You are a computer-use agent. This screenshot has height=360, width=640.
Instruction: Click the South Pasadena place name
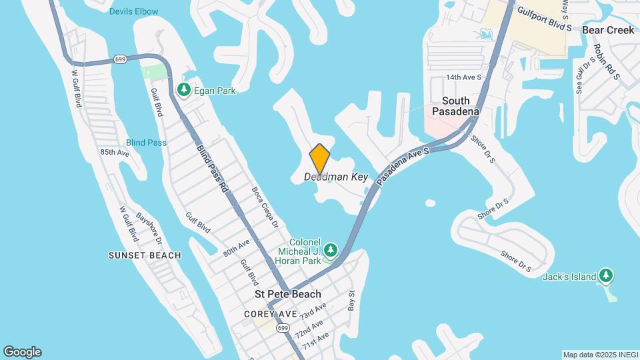456,106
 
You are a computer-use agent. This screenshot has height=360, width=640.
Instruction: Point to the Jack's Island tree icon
605,275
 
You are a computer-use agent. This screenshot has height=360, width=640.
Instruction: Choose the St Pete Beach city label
288,294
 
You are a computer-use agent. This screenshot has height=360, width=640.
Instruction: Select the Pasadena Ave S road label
403,167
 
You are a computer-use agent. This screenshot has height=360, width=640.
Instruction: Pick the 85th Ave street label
115,153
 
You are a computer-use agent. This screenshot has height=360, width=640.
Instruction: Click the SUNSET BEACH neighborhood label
145,255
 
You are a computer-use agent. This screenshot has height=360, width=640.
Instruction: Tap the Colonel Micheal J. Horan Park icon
330,251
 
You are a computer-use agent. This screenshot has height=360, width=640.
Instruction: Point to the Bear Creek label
608,30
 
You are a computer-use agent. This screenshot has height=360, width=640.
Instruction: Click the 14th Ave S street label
463,77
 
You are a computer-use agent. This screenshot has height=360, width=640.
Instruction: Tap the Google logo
23,352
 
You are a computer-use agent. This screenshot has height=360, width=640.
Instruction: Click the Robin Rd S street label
607,62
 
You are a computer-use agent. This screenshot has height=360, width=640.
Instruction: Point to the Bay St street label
352,300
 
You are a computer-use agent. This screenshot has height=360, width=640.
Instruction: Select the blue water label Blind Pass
146,143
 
